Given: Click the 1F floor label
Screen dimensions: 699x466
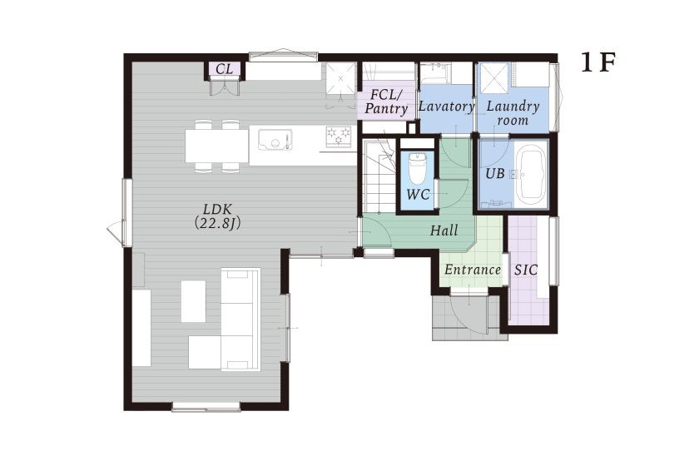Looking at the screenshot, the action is [x=597, y=62].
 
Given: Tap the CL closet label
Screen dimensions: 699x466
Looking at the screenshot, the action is [x=224, y=69].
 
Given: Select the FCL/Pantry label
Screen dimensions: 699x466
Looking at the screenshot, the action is [x=386, y=102].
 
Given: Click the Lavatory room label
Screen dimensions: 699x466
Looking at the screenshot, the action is [x=447, y=107].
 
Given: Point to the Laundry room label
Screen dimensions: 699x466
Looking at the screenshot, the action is [x=513, y=113].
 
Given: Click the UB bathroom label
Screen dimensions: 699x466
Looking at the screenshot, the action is [x=495, y=173].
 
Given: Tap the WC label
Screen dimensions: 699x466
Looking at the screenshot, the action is [x=418, y=194].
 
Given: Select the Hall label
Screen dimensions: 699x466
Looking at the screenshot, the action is [x=444, y=231].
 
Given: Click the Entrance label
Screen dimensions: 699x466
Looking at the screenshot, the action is [x=473, y=270].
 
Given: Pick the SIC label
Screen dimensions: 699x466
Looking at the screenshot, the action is [x=526, y=270].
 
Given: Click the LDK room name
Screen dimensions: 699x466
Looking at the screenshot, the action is [x=217, y=209].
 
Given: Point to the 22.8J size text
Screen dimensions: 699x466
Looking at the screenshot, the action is [x=217, y=223].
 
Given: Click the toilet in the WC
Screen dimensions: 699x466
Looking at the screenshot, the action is [x=418, y=169].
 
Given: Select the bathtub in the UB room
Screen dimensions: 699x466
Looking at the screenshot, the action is [x=531, y=176].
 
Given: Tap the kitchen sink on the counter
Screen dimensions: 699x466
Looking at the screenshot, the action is [x=274, y=139].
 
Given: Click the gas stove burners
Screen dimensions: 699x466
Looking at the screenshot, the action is [x=339, y=136].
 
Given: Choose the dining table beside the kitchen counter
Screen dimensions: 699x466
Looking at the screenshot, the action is [x=217, y=146].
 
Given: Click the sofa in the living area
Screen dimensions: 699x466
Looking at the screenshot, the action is [x=240, y=320].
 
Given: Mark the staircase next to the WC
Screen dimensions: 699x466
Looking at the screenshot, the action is [x=378, y=176].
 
